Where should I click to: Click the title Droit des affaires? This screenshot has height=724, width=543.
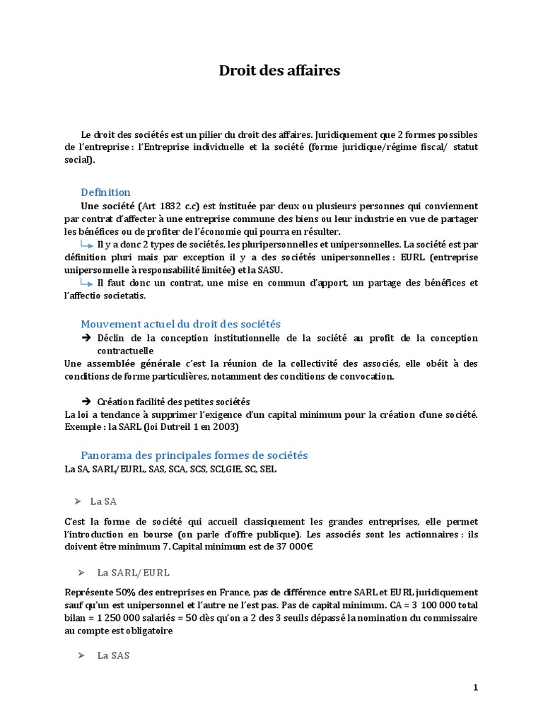click(x=280, y=71)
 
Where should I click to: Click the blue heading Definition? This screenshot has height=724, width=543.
click(x=105, y=192)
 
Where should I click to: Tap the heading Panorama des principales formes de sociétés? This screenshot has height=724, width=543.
click(x=194, y=455)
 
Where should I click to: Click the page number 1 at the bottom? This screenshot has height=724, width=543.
click(x=476, y=688)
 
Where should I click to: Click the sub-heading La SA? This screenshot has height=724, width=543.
click(x=103, y=501)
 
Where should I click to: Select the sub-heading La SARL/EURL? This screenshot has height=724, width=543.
click(x=134, y=572)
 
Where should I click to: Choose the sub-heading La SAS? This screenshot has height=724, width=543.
click(x=114, y=655)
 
